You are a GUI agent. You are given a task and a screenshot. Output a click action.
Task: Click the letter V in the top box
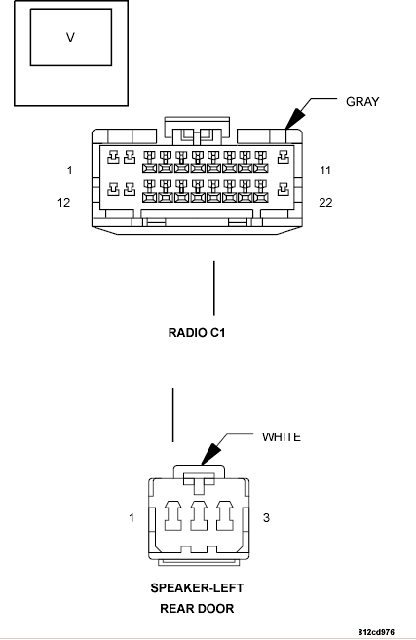(x=70, y=38)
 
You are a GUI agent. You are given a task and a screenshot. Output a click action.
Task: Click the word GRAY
(x=362, y=101)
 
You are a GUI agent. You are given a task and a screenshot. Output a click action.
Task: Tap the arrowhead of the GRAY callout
(x=295, y=119)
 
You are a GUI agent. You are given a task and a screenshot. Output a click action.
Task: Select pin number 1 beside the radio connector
(x=70, y=170)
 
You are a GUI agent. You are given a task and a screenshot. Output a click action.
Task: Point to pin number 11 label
(x=325, y=170)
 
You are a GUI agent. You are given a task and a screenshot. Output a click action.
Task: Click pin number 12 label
(x=63, y=202)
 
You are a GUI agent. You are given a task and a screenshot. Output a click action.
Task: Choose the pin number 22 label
(x=325, y=202)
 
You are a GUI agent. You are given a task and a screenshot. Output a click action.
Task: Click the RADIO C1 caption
(x=197, y=332)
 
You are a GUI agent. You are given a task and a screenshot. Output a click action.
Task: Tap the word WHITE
(x=282, y=437)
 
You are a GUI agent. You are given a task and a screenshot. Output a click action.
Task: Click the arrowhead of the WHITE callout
(x=211, y=454)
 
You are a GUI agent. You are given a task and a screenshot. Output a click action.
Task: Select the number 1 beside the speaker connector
(x=132, y=518)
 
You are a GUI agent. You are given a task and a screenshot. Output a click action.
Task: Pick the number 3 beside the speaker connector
(x=266, y=518)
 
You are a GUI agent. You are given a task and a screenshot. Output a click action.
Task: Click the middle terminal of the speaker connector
(x=199, y=516)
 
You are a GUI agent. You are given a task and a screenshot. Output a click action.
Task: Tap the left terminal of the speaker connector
(x=173, y=516)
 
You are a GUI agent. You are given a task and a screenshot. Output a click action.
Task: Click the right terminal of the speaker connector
(x=225, y=516)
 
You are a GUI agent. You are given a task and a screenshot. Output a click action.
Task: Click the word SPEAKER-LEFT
(x=197, y=588)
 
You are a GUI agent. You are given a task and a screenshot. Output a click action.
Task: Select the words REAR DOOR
(x=197, y=609)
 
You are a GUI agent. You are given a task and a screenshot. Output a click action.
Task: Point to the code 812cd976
(x=376, y=632)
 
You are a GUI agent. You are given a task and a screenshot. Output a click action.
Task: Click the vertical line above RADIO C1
(x=214, y=288)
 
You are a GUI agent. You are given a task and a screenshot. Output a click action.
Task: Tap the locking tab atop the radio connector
(x=197, y=131)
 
